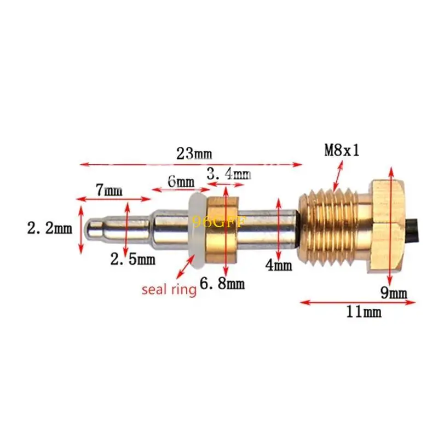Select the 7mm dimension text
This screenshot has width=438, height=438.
pyautogui.click(x=109, y=191)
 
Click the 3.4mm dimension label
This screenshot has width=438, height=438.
pyautogui.click(x=228, y=175)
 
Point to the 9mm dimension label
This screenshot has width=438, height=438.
pyautogui.click(x=394, y=293)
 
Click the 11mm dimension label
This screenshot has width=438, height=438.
pyautogui.click(x=364, y=312)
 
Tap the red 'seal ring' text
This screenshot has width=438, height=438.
pyautogui.click(x=169, y=289)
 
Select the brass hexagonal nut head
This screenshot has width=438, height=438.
pyautogui.click(x=390, y=224)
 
